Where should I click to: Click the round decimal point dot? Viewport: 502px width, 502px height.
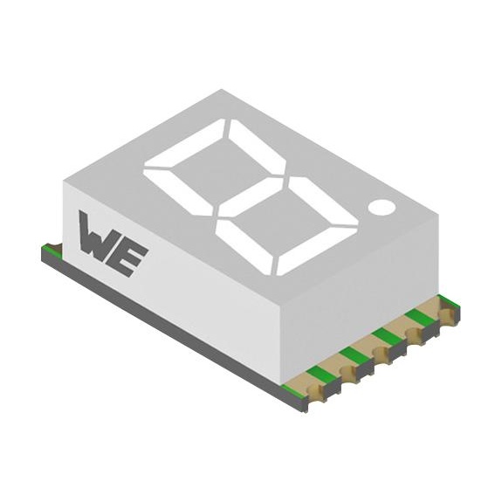click(382, 207)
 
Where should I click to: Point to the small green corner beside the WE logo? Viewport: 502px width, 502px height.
click(50, 251)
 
